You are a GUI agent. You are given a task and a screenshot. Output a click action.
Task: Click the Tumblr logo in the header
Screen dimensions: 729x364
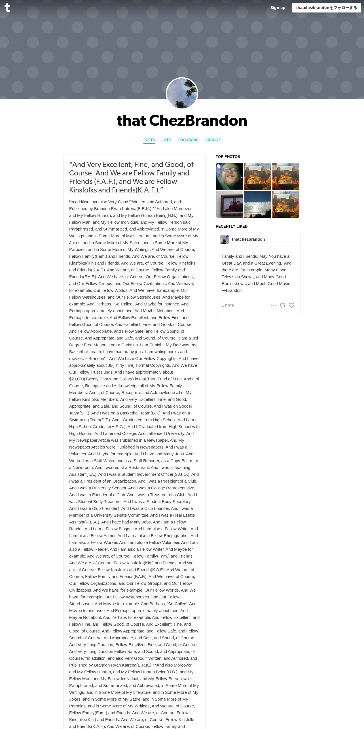pos(7,8)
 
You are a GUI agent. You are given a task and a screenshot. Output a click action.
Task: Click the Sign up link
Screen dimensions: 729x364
pos(278,8)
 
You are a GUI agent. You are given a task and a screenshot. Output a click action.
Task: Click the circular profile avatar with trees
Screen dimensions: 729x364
pos(182,93)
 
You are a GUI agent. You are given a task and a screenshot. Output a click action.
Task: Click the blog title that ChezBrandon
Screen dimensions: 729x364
pos(182,121)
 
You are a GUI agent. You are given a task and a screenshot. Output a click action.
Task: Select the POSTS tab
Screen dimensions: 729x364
pos(149,140)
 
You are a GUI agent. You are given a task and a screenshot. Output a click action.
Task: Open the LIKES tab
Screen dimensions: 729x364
pos(166,140)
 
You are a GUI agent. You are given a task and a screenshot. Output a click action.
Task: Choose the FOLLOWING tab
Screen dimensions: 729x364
pos(188,140)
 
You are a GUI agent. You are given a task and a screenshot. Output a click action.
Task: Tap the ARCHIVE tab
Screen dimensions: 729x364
pos(213,140)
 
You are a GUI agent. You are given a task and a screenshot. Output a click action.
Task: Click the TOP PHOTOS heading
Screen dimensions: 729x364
pos(228,157)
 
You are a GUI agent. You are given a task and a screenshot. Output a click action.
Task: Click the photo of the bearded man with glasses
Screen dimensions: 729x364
pos(230,176)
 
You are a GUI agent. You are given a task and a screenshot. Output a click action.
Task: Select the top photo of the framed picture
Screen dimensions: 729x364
pos(230,204)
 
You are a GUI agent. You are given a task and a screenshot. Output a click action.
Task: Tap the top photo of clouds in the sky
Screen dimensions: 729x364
pos(258,204)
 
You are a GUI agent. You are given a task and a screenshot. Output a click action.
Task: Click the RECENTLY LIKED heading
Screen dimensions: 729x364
pos(231,227)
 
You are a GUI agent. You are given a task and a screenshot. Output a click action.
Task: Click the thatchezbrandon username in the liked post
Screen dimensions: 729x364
pos(248,239)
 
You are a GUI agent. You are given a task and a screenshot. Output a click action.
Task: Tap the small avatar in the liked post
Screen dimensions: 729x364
pos(225,240)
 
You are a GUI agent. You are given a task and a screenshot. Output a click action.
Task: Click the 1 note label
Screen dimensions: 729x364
pos(228,305)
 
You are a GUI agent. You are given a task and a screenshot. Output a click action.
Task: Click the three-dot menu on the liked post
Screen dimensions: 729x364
pos(273,305)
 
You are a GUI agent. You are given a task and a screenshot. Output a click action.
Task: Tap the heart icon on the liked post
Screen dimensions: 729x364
pos(291,305)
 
